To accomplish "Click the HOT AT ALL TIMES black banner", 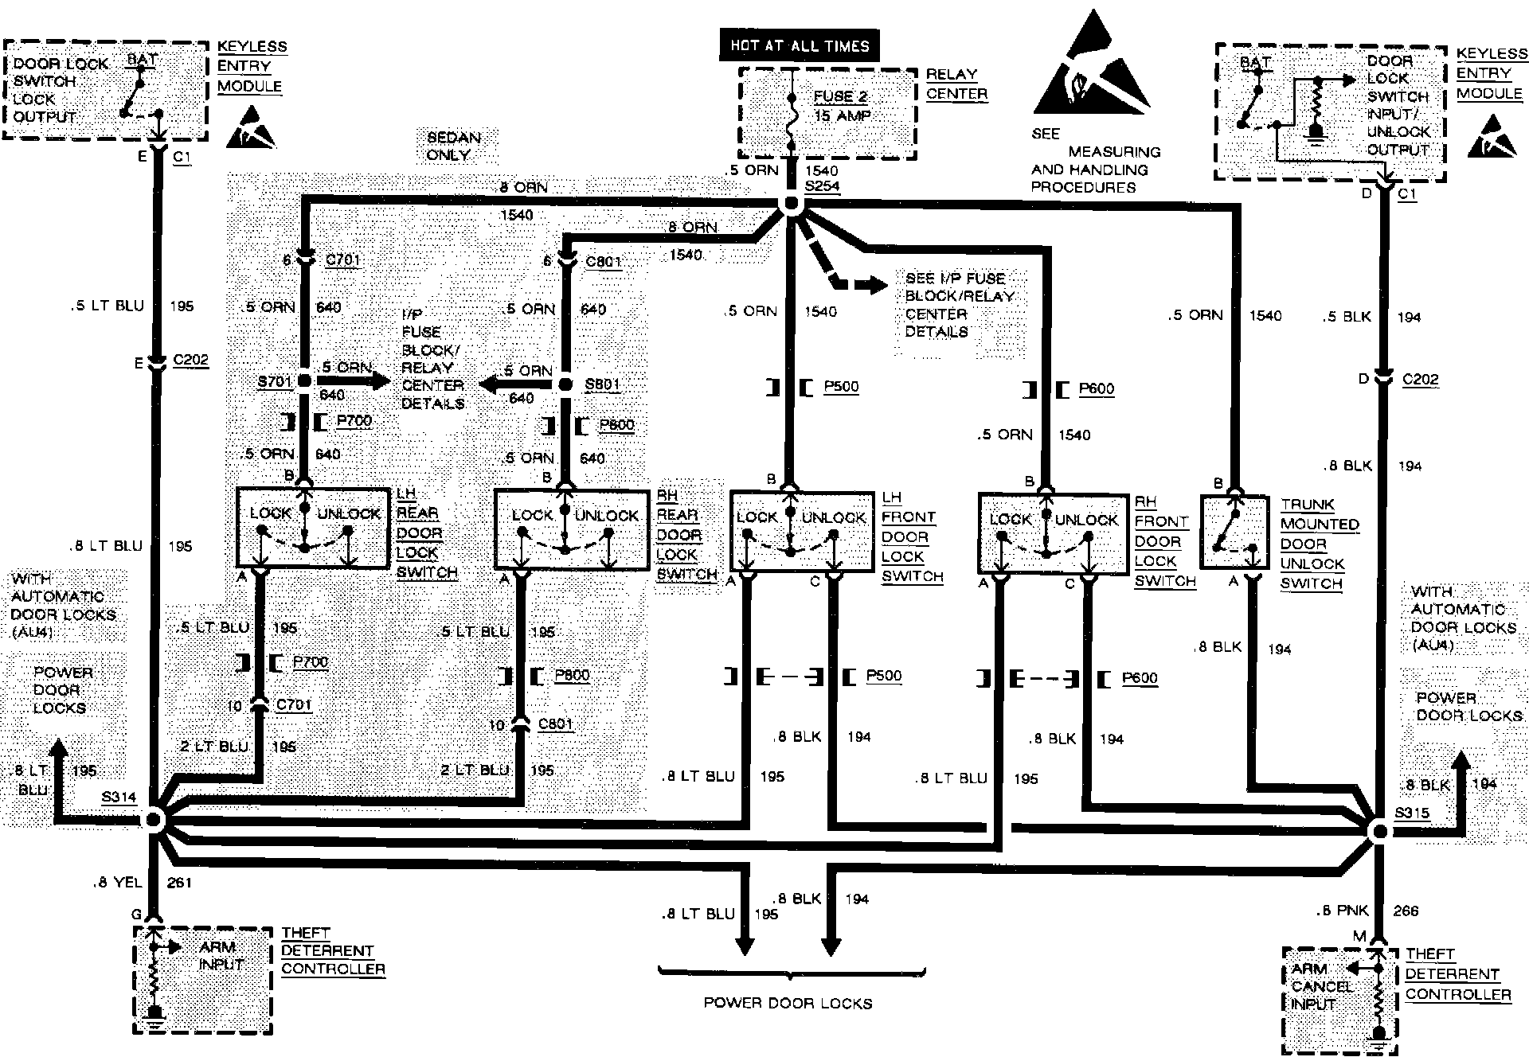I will (x=799, y=45).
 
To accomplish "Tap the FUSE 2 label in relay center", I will (x=840, y=96).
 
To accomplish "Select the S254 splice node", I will (x=791, y=204).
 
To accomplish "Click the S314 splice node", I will (x=154, y=820).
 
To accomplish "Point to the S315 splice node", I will (x=1379, y=832).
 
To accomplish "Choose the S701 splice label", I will (x=275, y=382).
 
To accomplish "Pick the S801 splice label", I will (x=602, y=384).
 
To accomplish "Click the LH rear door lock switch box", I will (x=311, y=528).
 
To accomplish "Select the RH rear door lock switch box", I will (x=571, y=530).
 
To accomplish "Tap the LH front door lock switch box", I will (x=801, y=531).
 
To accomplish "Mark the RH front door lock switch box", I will (x=1054, y=532).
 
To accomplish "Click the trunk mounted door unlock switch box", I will (x=1234, y=532).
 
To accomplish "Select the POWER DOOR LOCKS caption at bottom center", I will (x=788, y=1003).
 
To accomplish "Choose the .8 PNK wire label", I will (x=1346, y=911).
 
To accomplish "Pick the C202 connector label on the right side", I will (x=1421, y=380).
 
